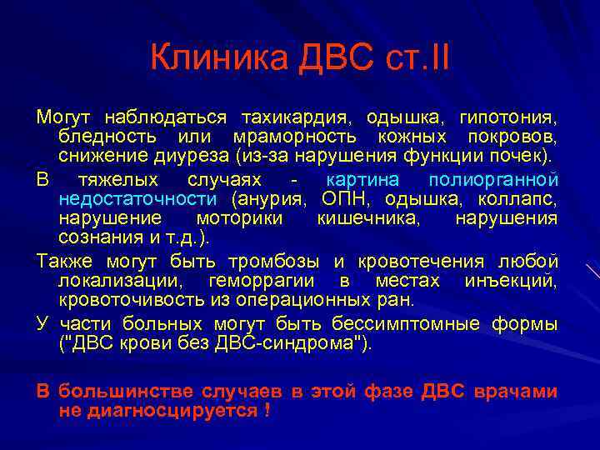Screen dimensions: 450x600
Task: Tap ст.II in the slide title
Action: [415, 58]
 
